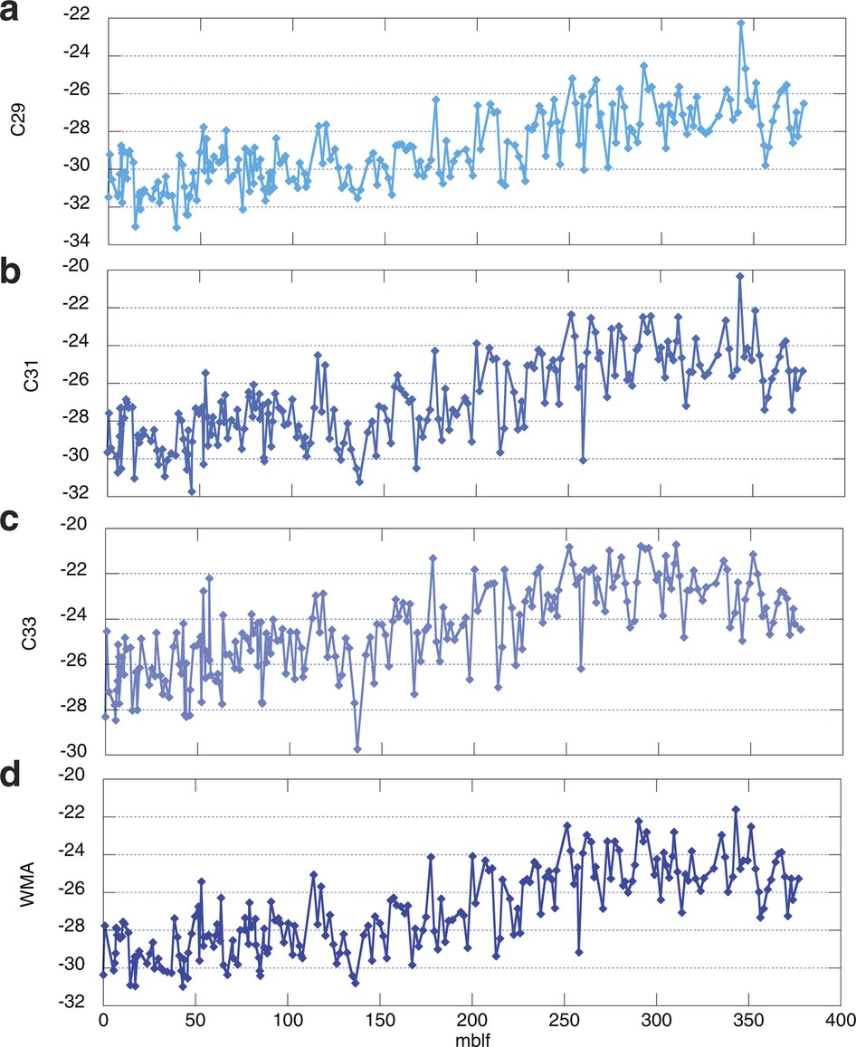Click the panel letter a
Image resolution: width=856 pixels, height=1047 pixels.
pyautogui.click(x=18, y=17)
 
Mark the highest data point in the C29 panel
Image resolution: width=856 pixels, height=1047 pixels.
pyautogui.click(x=740, y=23)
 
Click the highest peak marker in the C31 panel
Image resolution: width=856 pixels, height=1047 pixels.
pyautogui.click(x=739, y=275)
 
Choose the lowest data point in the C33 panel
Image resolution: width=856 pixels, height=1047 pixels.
pyautogui.click(x=357, y=748)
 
